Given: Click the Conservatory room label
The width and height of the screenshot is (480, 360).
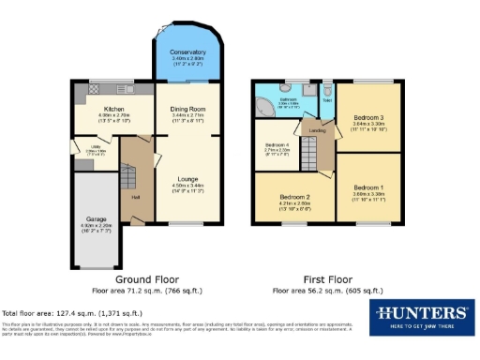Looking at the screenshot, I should click(187, 52).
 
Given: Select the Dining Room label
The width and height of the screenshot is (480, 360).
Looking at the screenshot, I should click(187, 109).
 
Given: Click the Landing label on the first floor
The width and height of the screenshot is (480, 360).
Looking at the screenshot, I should click(318, 131).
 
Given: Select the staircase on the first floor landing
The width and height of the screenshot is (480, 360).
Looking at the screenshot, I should click(324, 156).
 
